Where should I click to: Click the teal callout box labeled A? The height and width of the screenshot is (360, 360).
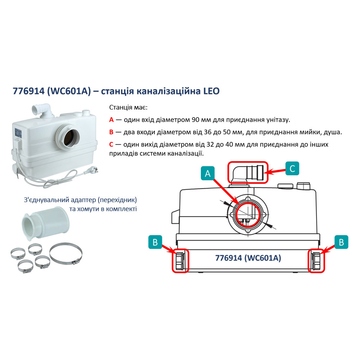(x=207, y=174)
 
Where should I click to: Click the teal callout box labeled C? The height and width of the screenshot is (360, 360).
(x=292, y=168)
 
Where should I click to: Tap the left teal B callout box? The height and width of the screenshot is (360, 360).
(x=155, y=242)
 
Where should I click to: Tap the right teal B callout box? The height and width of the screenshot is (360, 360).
(x=341, y=242)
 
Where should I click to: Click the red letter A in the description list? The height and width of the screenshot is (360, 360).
(x=111, y=120)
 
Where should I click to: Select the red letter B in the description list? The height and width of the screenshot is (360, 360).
(x=111, y=132)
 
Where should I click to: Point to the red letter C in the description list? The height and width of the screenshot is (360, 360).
(x=111, y=144)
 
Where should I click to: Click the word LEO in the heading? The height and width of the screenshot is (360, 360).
(x=211, y=91)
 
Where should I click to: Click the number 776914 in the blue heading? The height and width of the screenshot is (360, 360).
(x=29, y=91)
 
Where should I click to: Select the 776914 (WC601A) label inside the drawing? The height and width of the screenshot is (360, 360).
(x=248, y=258)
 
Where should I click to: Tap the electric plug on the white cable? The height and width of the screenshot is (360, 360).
(x=93, y=171)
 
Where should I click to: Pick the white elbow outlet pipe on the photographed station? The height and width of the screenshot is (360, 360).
(x=42, y=110)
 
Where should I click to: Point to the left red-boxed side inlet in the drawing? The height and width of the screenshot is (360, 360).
(x=180, y=261)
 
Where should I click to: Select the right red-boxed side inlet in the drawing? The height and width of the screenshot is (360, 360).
(x=316, y=261)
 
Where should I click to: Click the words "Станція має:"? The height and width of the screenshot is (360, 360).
(x=129, y=107)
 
